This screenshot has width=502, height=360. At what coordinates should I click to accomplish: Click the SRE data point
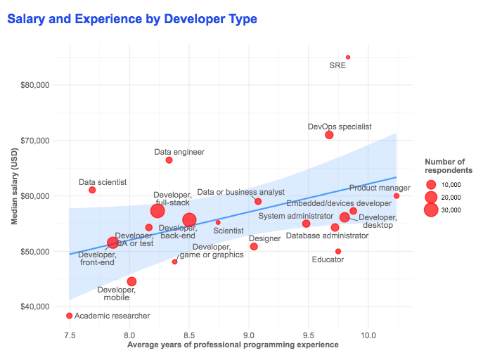tap(348, 57)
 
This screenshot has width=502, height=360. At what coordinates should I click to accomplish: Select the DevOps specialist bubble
tap(329, 135)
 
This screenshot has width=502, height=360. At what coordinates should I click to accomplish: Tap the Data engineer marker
tap(169, 160)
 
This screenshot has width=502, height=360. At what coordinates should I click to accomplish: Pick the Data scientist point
tap(92, 190)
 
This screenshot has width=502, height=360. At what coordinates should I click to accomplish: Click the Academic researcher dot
tap(69, 316)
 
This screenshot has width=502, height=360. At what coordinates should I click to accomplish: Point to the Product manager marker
tap(397, 196)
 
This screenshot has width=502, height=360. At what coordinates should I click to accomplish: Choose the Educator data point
tap(338, 251)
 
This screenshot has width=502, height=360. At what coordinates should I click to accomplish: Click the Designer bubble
tap(254, 247)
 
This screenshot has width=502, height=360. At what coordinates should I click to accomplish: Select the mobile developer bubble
tap(131, 281)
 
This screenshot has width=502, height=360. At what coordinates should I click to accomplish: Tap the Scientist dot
tap(218, 222)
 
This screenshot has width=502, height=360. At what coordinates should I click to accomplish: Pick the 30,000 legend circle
tap(431, 210)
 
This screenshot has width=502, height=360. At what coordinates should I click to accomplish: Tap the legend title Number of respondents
tap(448, 166)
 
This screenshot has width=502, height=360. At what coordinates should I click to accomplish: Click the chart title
tap(132, 18)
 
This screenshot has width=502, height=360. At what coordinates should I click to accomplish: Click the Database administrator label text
tap(327, 236)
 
